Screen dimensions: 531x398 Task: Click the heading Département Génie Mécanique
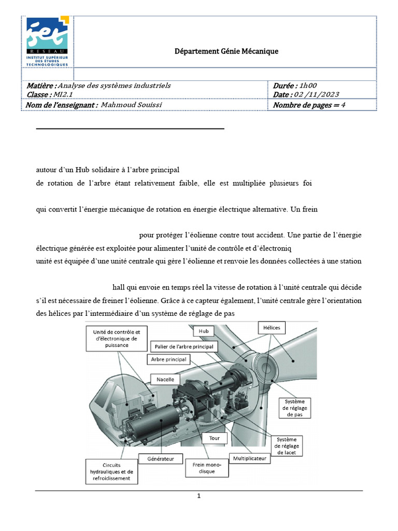(225, 51)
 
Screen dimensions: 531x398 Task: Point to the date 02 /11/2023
(316, 94)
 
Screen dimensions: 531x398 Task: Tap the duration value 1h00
(308, 86)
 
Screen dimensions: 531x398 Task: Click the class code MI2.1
(64, 94)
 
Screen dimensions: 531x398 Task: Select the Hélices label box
(271, 328)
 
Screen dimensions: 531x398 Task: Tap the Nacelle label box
(165, 380)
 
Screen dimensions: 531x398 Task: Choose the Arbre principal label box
(168, 359)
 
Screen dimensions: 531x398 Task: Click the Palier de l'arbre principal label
(184, 346)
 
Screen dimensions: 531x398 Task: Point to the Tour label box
(214, 438)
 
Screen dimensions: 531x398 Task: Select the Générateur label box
(161, 458)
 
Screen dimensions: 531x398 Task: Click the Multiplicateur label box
(249, 458)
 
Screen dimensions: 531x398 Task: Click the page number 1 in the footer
(199, 496)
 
